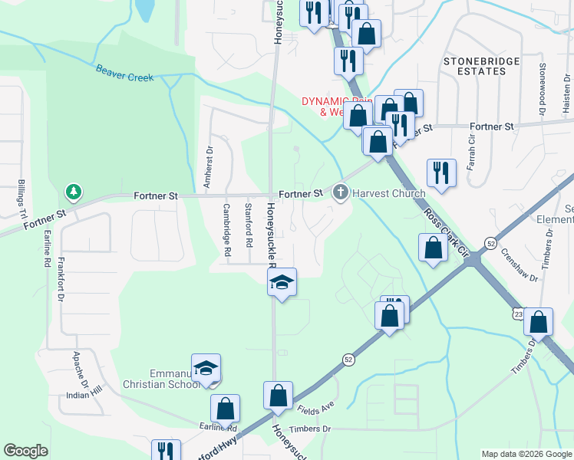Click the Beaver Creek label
(125, 73)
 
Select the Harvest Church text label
(389, 193)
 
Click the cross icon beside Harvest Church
(341, 192)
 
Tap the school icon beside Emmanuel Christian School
(206, 368)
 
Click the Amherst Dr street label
(207, 167)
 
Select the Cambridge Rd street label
(227, 229)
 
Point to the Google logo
(25, 451)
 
